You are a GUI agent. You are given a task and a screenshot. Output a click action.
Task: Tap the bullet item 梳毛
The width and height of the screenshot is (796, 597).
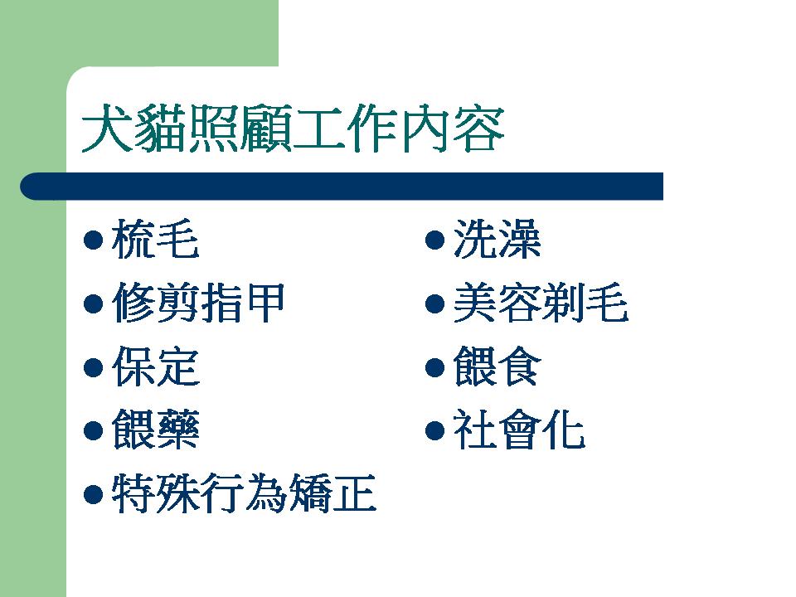point(155,239)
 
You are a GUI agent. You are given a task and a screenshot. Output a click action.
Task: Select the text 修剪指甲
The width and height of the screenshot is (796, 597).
point(198,303)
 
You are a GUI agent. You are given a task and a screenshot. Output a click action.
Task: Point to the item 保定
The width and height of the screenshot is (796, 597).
point(155,366)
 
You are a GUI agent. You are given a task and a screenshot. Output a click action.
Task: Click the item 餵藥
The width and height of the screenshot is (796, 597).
point(155,430)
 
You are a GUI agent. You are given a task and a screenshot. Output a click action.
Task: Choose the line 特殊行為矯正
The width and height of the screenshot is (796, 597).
point(244,493)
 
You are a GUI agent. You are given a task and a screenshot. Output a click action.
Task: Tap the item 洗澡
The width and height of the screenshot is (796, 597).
point(498,239)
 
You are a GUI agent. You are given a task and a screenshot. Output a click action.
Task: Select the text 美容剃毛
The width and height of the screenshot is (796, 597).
point(541,303)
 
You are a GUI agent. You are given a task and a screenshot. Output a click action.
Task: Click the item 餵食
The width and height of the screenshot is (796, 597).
point(498,366)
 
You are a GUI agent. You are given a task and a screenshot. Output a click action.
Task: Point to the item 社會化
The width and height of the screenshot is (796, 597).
point(519,430)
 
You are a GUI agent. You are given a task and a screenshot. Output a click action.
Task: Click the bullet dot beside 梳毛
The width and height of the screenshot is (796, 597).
point(93,240)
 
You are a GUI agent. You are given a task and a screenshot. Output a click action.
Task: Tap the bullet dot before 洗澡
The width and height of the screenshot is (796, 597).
point(435,240)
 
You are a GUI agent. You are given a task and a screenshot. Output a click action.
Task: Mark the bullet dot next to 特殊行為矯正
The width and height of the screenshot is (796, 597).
point(93,494)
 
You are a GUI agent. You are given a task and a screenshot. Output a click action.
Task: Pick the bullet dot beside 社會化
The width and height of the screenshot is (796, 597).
point(435,430)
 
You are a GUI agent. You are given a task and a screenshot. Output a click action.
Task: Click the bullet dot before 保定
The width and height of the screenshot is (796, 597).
point(93,367)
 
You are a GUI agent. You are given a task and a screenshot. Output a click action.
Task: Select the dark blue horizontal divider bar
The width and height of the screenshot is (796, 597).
point(342,187)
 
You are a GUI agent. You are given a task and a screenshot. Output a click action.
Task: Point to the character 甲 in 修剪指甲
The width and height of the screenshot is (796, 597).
point(264,303)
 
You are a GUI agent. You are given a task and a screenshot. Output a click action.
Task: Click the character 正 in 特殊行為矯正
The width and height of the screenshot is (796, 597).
point(354,493)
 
